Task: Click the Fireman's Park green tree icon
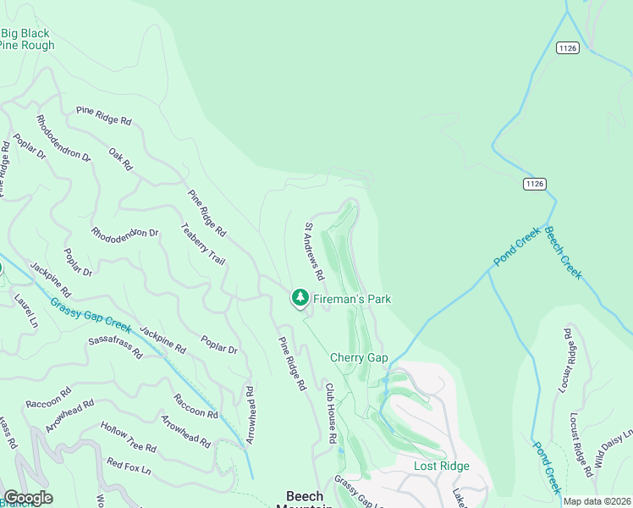pos(300,298)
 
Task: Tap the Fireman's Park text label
pos(352,299)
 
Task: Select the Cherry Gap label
pos(359,358)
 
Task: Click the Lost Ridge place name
pos(441,467)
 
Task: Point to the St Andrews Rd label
pos(315,251)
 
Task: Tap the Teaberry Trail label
pos(203,247)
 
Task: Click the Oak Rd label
pos(121,159)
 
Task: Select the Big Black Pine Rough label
pos(27,40)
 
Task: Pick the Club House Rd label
pos(332,413)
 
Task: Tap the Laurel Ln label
pos(26,311)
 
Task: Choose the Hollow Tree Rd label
pos(128,437)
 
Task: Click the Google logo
pos(28,498)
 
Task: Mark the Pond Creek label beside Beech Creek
pos(517,251)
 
